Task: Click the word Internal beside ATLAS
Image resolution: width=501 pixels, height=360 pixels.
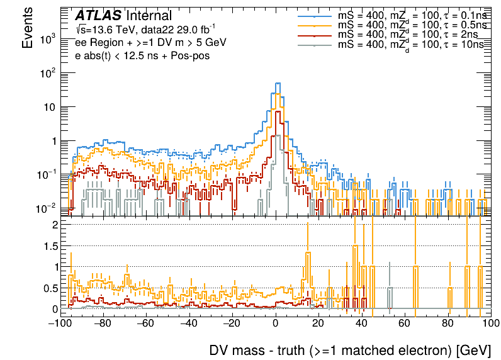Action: tap(149, 16)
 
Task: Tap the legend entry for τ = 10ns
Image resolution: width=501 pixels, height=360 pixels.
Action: tap(409, 45)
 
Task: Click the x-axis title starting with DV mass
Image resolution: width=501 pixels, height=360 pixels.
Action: tap(349, 351)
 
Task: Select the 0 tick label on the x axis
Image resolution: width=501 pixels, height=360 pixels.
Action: tap(276, 323)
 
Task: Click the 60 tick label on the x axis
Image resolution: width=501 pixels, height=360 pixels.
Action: tap(405, 323)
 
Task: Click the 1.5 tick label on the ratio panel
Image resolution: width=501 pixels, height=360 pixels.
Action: tap(50, 245)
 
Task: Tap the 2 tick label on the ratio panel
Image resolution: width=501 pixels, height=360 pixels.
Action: tap(55, 225)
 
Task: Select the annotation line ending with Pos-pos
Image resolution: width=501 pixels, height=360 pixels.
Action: tap(142, 55)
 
